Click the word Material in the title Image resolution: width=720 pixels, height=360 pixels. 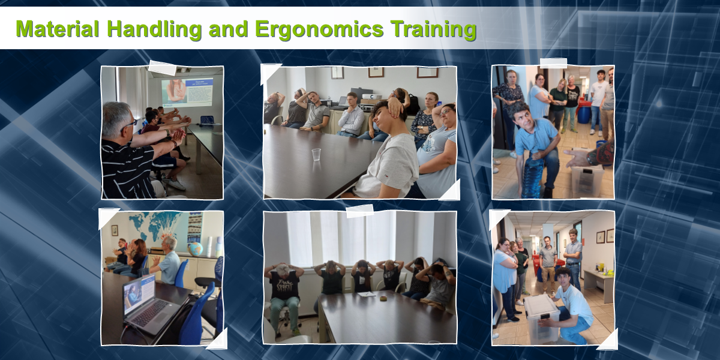pyautogui.click(x=57, y=29)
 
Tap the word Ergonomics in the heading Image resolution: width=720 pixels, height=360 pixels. pyautogui.click(x=319, y=30)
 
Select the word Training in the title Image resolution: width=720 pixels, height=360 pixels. pyautogui.click(x=434, y=30)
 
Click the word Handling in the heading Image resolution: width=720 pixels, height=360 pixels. pyautogui.click(x=154, y=30)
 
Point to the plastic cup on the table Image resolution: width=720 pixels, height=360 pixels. pyautogui.click(x=316, y=154)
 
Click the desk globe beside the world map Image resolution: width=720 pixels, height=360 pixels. pyautogui.click(x=196, y=249)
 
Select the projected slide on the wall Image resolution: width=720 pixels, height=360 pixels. pyautogui.click(x=187, y=93)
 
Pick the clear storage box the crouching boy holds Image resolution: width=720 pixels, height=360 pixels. pyautogui.click(x=542, y=318)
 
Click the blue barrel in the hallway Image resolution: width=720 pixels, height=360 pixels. pyautogui.click(x=584, y=115)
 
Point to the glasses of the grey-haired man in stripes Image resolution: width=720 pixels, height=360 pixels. pyautogui.click(x=131, y=125)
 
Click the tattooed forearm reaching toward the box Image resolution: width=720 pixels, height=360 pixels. pyautogui.click(x=592, y=154)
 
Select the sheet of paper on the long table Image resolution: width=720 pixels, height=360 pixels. pyautogui.click(x=367, y=294)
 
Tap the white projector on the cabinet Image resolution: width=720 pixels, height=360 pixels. pyautogui.click(x=371, y=97)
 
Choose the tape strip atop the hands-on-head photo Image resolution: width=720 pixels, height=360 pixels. pyautogui.click(x=359, y=211)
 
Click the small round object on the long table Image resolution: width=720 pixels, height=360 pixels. pyautogui.click(x=383, y=298)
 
